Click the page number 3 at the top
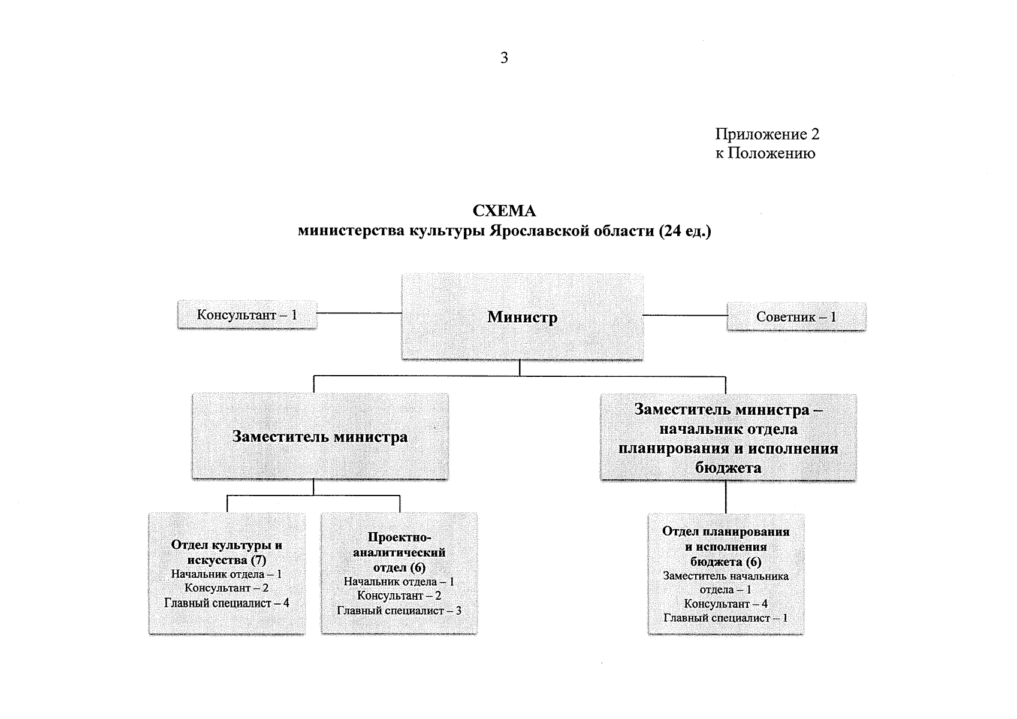[504, 58]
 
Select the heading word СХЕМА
[504, 212]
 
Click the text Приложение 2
[767, 134]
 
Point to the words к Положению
[765, 153]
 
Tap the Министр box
[522, 317]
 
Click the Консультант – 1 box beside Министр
[247, 315]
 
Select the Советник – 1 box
[796, 317]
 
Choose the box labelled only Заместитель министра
[320, 436]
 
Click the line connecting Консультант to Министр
[358, 313]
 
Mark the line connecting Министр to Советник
[684, 315]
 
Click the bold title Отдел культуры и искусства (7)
[227, 552]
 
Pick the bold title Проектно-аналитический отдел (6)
[399, 552]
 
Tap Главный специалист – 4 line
[227, 603]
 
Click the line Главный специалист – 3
[399, 611]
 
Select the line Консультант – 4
[726, 604]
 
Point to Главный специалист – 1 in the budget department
[726, 618]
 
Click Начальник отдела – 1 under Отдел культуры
[227, 574]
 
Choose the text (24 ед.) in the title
[684, 231]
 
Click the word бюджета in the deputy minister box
[728, 468]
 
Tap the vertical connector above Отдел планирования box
[726, 496]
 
